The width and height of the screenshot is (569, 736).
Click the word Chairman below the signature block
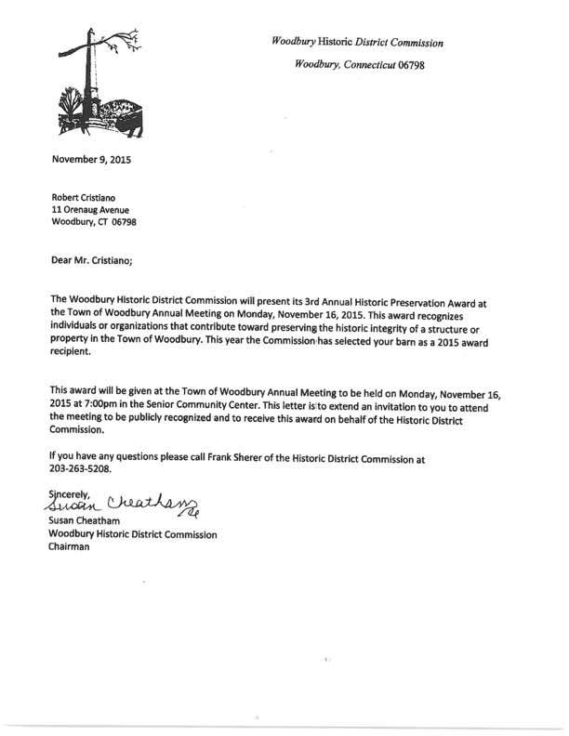click(70, 547)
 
